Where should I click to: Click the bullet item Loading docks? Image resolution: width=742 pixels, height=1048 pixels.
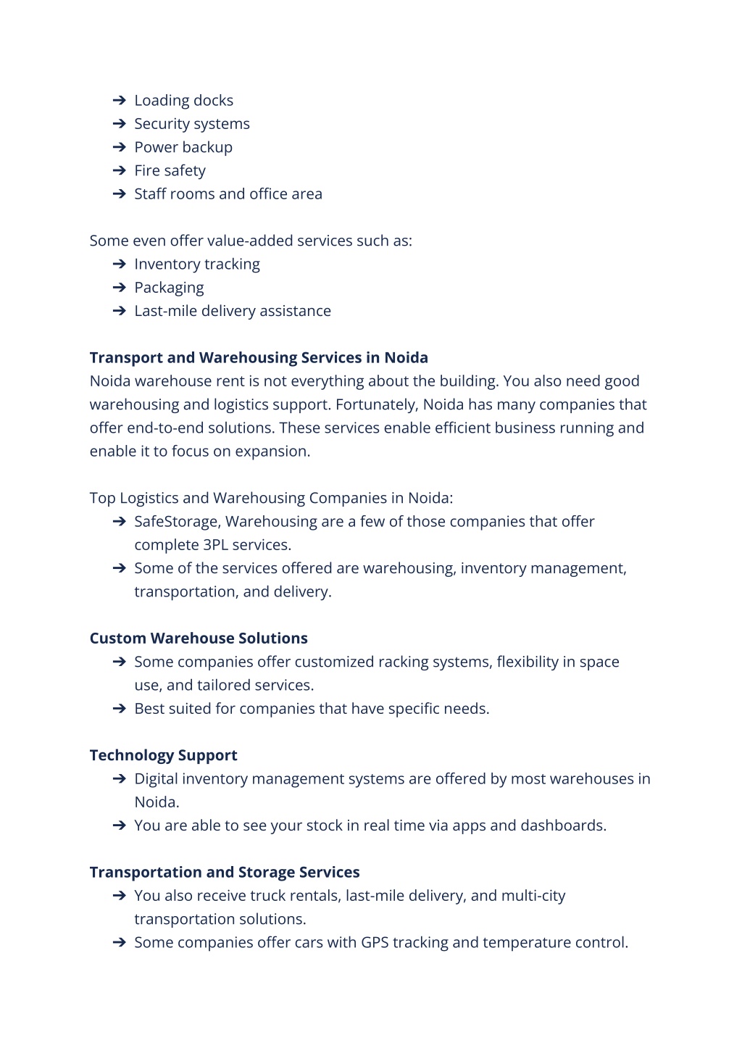coord(183,101)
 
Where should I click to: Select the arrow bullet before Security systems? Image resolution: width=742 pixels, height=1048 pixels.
coord(120,124)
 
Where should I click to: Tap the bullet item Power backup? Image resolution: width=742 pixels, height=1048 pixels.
coord(183,147)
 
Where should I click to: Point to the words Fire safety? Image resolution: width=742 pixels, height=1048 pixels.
coord(170,171)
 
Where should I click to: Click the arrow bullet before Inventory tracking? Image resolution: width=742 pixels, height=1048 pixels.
coord(120,265)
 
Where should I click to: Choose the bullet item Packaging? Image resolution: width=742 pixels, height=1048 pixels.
coord(169,288)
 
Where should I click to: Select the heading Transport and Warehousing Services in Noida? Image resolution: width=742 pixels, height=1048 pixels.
coord(259,358)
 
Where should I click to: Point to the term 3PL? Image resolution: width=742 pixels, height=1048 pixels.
coord(215,545)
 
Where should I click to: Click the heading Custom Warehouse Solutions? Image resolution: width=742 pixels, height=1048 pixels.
coord(199,639)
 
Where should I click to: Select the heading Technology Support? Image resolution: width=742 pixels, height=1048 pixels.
coord(163,755)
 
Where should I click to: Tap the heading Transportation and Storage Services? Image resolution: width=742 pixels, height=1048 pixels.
coord(225,873)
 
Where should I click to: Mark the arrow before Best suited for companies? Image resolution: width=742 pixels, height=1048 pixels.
coord(120,709)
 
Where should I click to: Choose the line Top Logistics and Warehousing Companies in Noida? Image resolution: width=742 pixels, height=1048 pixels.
coord(271,499)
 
